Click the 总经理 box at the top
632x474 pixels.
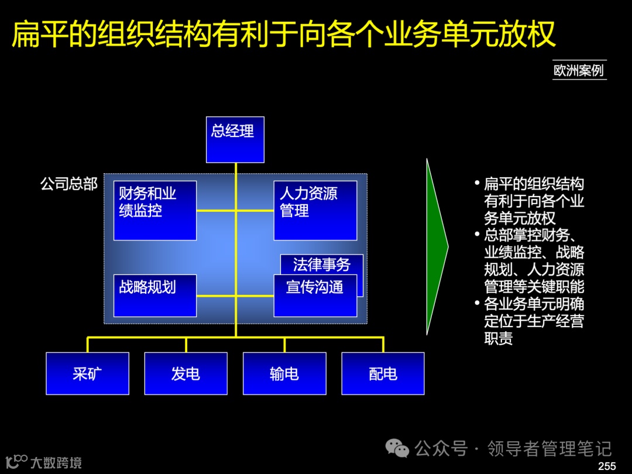[x=235, y=139]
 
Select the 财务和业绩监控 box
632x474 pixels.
[x=154, y=210]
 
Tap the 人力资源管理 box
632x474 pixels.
[x=315, y=210]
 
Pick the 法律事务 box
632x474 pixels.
[x=322, y=264]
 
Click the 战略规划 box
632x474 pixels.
[x=154, y=295]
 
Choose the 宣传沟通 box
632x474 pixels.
[x=315, y=296]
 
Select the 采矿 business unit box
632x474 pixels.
[x=87, y=373]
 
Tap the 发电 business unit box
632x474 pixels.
[x=186, y=373]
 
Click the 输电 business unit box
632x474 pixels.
[x=284, y=373]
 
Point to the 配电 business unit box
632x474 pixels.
[x=383, y=373]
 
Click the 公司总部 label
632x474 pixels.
[x=69, y=184]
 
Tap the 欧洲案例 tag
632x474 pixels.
[x=579, y=70]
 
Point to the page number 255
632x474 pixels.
[x=607, y=466]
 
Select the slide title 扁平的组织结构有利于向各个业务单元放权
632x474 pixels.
[x=284, y=33]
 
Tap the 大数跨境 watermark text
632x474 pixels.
[x=56, y=462]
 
